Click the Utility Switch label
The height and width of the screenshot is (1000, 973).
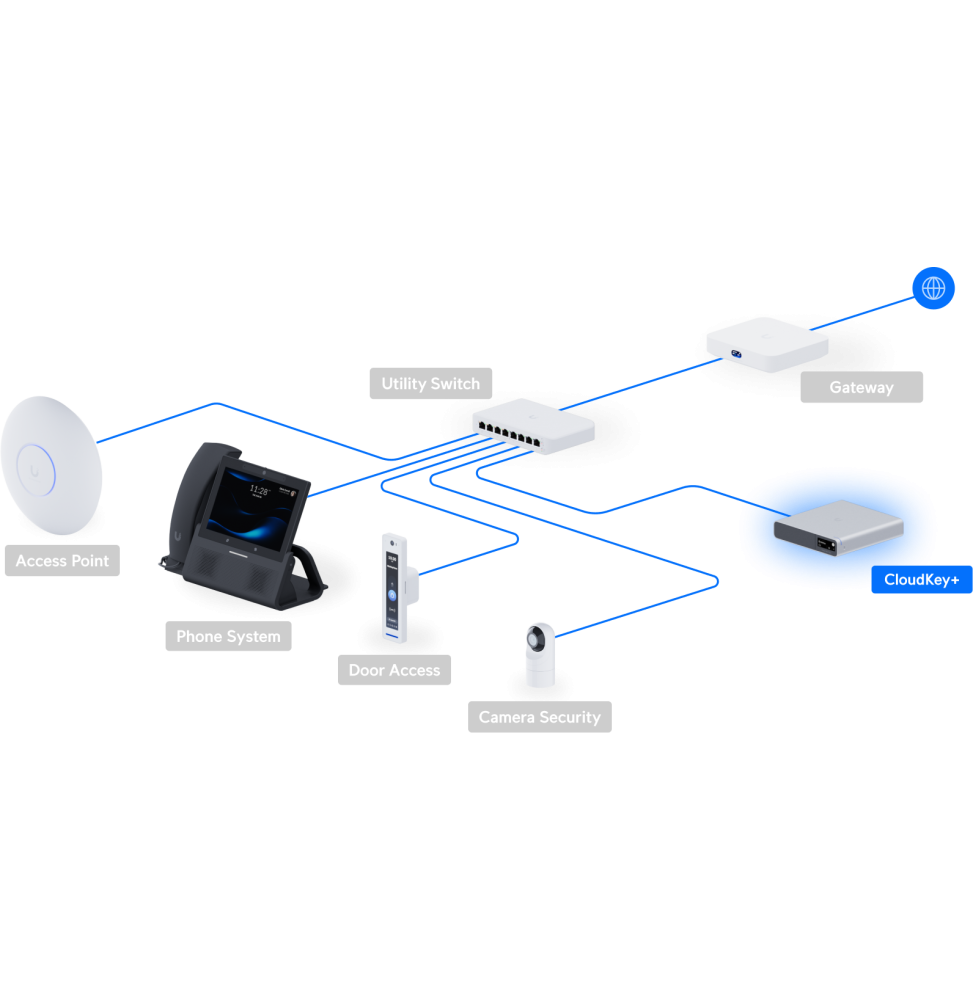pos(430,384)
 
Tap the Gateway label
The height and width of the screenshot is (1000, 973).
pos(861,388)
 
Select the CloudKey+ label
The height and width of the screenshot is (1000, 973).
pos(921,580)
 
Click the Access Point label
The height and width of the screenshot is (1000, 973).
pos(62,561)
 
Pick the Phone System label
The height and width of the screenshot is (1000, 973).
pos(228,637)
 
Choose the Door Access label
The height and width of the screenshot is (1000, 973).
pos(394,670)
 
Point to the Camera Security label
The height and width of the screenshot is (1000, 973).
pos(539,717)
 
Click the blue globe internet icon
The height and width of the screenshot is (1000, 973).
pos(933,288)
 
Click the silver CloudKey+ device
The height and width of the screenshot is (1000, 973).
pos(837,528)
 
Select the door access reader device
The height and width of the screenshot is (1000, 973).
pos(396,587)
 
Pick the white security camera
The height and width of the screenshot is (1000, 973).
pos(540,654)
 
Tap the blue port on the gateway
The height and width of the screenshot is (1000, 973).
pos(739,353)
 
